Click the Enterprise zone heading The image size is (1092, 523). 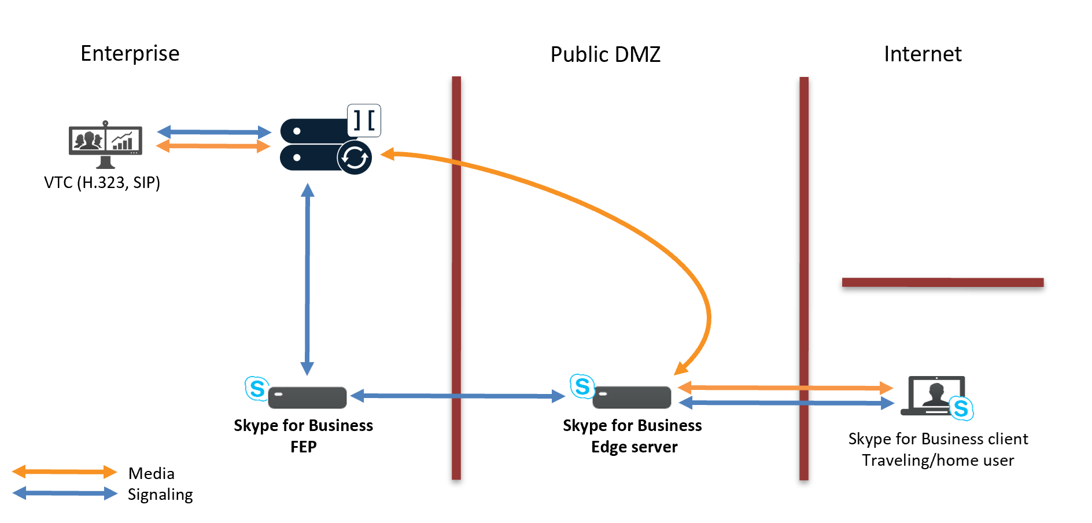coord(130,53)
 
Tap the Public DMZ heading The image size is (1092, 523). coord(605,54)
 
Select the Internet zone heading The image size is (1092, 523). coord(923,54)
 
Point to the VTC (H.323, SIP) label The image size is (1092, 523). coord(102,182)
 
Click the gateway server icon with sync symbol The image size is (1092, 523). coord(324,145)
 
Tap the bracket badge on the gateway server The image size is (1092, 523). coord(364,120)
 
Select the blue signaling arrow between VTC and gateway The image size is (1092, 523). coord(214,132)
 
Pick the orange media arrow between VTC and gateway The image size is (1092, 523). coord(214,146)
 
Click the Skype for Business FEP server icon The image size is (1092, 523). coord(307,397)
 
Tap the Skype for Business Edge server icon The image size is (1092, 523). coord(632,397)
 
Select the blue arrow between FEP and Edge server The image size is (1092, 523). coord(457,396)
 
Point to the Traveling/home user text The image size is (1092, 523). coord(938,461)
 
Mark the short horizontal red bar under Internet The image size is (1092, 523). coord(943,282)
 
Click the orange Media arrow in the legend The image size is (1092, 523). coord(64,472)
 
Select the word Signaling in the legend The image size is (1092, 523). coord(160,495)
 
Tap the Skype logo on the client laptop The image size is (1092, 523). coord(961,408)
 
